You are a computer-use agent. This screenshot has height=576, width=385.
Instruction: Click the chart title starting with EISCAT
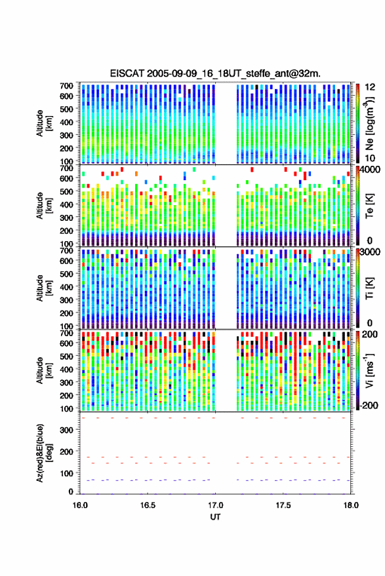tap(215, 73)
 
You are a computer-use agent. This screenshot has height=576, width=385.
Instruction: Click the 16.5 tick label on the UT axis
tap(148, 505)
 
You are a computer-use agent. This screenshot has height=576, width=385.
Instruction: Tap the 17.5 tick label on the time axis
tap(283, 505)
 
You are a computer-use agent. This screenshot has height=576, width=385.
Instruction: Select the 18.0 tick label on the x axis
tap(351, 505)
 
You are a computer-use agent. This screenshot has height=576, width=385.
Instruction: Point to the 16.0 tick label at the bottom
tap(80, 505)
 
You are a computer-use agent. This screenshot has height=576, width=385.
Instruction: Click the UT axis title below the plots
tap(215, 517)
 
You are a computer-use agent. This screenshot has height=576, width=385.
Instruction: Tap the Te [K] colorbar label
tap(369, 206)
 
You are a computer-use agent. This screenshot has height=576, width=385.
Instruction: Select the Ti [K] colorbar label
tap(369, 288)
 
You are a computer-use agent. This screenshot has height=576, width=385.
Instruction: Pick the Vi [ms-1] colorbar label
tap(369, 370)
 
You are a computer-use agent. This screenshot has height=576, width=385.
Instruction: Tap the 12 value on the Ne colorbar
tap(371, 87)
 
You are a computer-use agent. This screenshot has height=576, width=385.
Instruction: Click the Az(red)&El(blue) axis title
tap(44, 453)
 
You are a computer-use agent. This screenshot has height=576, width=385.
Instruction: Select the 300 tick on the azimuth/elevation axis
tap(66, 430)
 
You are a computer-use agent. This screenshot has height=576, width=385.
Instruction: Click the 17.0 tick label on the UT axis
tap(215, 505)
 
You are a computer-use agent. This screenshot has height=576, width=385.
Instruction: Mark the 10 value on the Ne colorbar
tap(371, 159)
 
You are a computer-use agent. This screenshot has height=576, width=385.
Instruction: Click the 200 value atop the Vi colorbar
tap(369, 334)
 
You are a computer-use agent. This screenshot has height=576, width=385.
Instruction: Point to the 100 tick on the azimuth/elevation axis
tap(66, 474)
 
